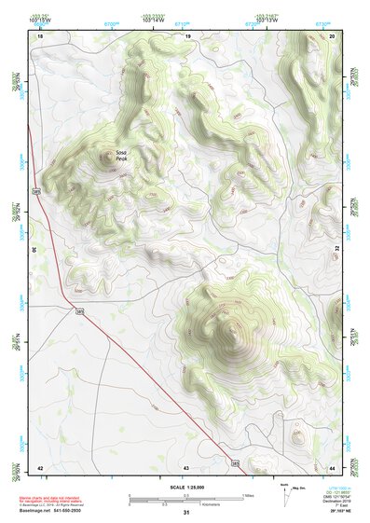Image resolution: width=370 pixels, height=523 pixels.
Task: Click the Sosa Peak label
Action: pos(121,157)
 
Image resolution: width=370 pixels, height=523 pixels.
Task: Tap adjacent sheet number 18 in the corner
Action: pos(40,35)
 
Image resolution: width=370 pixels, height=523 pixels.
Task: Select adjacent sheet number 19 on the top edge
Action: pos(187,35)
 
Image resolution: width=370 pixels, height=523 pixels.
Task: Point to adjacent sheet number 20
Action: pos(332,35)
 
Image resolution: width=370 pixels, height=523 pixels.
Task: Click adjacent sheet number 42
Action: pos(40,466)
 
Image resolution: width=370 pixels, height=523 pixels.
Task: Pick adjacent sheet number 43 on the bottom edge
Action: pos(186,466)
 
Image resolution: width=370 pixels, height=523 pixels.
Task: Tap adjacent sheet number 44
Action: pos(332,466)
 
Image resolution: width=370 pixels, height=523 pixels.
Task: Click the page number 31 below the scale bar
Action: pos(186,512)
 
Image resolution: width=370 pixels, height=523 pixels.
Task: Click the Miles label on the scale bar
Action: pos(248,495)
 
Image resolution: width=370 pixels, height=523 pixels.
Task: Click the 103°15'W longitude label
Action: pos(37,21)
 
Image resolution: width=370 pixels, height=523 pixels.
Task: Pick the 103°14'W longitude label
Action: pos(154,21)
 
